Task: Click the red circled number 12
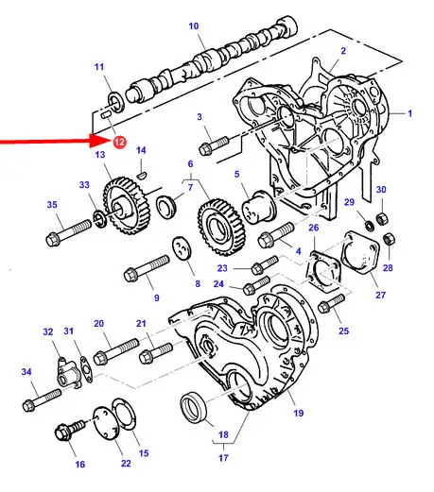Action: [x=119, y=142]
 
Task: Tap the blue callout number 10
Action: [x=194, y=25]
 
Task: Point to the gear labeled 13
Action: [x=127, y=206]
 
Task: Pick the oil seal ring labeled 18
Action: [x=194, y=407]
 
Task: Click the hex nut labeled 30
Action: [x=382, y=218]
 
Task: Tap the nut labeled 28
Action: [x=390, y=240]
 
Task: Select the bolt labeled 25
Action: [x=331, y=303]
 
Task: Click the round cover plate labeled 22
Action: [x=105, y=423]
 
